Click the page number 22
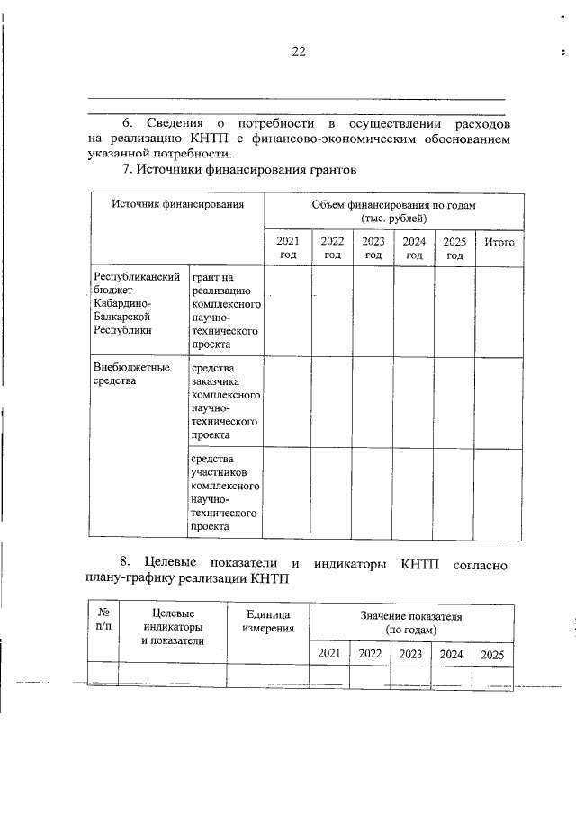click(299, 51)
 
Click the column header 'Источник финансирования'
click(178, 205)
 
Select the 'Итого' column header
click(499, 242)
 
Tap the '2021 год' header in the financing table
click(287, 248)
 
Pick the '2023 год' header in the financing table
click(373, 248)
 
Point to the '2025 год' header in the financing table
click(454, 248)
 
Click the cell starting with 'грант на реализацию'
click(225, 310)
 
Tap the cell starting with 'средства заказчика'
click(225, 401)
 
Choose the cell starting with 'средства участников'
click(225, 492)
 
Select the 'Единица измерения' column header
click(268, 621)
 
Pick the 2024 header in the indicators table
click(451, 654)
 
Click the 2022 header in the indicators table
click(370, 654)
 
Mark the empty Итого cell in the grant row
click(499, 310)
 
